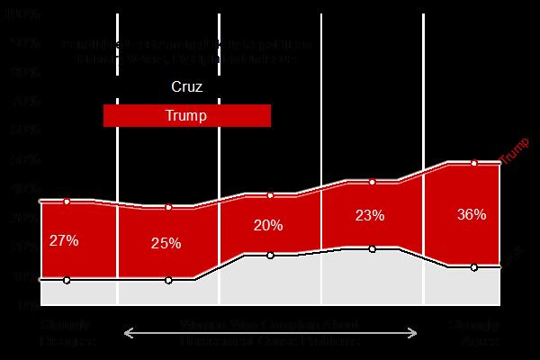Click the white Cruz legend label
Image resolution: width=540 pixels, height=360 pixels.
[x=187, y=88]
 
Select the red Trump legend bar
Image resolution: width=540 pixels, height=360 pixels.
[x=187, y=116]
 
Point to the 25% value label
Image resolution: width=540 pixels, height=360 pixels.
[x=166, y=243]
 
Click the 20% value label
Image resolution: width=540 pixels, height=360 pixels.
[x=268, y=225]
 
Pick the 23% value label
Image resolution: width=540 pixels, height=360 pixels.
[x=370, y=216]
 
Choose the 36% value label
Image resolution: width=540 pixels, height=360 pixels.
[x=472, y=214]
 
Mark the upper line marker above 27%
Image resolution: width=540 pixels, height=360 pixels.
[x=67, y=201]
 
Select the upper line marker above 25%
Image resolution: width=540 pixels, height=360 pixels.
[x=168, y=208]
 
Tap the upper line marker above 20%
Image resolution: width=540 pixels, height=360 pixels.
[x=270, y=194]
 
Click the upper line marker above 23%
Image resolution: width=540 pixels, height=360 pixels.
[x=372, y=182]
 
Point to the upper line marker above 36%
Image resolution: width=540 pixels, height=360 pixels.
[x=473, y=163]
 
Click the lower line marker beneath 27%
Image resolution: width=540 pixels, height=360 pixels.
[x=67, y=280]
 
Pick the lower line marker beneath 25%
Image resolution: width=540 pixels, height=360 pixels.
[x=168, y=280]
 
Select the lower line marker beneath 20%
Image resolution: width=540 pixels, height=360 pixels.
[x=270, y=255]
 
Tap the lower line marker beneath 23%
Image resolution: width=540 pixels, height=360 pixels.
[x=372, y=248]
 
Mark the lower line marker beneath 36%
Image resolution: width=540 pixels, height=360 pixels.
[x=473, y=266]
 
